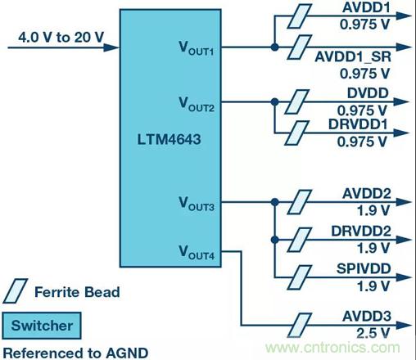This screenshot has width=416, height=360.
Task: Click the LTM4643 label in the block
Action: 169,139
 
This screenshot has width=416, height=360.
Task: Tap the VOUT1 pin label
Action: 197,48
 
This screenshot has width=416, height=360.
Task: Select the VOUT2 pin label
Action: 197,105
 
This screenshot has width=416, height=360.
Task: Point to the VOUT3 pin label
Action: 197,204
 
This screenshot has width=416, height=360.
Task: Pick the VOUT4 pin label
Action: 197,252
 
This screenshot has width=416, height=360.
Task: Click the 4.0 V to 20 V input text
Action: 61,37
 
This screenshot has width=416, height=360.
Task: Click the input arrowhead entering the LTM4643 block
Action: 111,47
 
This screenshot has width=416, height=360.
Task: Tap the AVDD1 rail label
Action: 366,7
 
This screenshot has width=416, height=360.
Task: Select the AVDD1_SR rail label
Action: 353,57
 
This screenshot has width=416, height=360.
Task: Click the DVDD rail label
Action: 368,93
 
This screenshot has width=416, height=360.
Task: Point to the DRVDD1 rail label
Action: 358,124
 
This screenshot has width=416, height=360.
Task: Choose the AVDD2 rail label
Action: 367,194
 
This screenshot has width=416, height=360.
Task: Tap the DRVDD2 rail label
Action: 361,231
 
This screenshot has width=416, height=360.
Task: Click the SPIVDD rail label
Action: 364,268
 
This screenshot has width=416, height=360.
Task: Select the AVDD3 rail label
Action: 367,317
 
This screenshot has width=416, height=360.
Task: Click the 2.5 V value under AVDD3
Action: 373,333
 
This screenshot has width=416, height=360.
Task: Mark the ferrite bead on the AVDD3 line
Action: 300,325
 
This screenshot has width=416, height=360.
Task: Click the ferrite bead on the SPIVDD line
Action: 300,277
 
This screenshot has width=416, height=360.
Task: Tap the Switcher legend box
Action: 42,326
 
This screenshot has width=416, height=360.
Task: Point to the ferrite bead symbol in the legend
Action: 16,290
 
